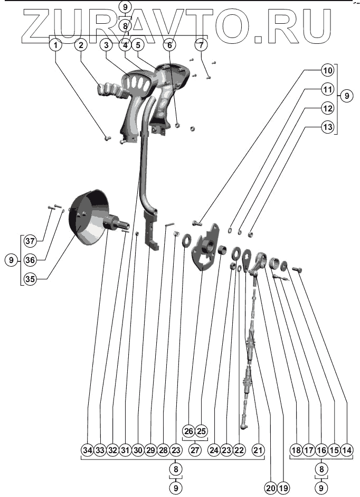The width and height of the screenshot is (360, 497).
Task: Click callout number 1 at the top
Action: click(x=56, y=45)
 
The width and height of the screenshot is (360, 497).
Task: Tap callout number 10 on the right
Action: click(x=328, y=70)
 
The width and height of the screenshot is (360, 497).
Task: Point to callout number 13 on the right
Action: click(x=328, y=127)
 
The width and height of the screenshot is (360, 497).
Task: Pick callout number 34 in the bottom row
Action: click(x=88, y=450)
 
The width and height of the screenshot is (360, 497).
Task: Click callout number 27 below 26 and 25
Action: click(x=195, y=450)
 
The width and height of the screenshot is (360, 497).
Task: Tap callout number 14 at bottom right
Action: click(x=347, y=450)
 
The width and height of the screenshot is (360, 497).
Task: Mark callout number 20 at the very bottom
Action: click(x=271, y=489)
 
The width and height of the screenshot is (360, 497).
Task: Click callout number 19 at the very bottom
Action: click(x=283, y=489)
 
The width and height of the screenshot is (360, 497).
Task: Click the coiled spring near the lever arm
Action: click(x=273, y=261)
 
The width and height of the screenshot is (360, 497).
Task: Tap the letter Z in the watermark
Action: click(x=35, y=26)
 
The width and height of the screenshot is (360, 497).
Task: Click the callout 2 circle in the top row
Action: click(x=81, y=45)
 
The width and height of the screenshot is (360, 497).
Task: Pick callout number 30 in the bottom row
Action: click(x=138, y=450)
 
